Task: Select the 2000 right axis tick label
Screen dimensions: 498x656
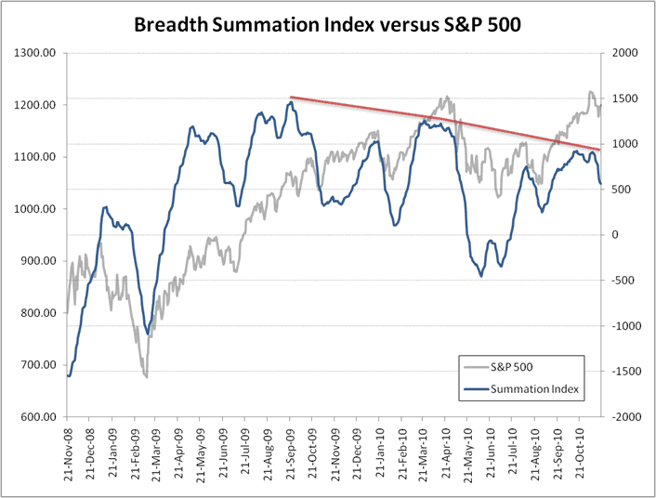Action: pos(619,53)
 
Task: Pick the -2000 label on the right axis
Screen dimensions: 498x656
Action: pos(621,417)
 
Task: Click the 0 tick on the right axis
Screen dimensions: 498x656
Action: pos(613,235)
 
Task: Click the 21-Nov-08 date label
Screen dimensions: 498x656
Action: pos(67,455)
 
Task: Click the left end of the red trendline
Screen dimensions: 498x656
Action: pos(291,97)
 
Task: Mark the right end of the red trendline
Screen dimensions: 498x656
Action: pos(600,150)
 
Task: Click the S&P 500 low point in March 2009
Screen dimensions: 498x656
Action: pos(146,376)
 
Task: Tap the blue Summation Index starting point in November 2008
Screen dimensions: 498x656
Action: pos(68,375)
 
